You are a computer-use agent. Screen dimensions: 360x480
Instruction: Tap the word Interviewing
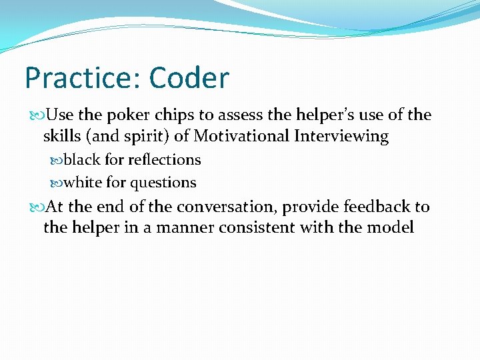pyautogui.click(x=347, y=137)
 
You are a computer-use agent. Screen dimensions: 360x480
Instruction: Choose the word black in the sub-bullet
pyautogui.click(x=82, y=160)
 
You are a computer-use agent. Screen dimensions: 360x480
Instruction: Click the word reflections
pyautogui.click(x=164, y=160)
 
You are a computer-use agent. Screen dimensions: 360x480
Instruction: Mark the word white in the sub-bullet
pyautogui.click(x=83, y=183)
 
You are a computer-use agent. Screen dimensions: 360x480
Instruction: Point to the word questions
pyautogui.click(x=163, y=183)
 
